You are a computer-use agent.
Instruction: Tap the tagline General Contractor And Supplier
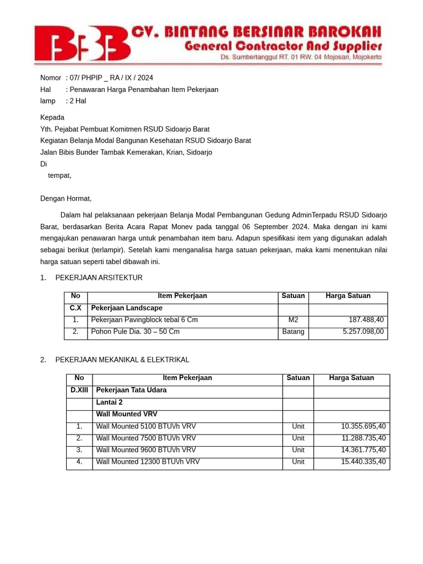tap(283, 46)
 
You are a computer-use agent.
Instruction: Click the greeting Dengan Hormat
tap(66, 198)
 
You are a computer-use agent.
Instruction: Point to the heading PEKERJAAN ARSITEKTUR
tap(99, 278)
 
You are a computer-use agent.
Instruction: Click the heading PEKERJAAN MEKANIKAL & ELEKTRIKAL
tap(122, 360)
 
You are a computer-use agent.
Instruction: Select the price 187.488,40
tap(366, 320)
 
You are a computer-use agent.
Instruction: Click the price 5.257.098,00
tap(364, 332)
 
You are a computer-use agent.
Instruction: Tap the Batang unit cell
tap(293, 332)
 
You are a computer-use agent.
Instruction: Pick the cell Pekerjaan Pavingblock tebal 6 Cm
tap(144, 320)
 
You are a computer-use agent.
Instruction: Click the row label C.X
tap(75, 308)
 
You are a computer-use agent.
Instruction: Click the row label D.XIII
tap(79, 391)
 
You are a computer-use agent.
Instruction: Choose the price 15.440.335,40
tap(364, 462)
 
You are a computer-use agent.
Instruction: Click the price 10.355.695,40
tap(364, 427)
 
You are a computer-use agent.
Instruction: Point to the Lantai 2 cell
tap(109, 403)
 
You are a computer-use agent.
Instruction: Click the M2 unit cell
tap(293, 320)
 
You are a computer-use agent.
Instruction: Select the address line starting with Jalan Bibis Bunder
tap(126, 153)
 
